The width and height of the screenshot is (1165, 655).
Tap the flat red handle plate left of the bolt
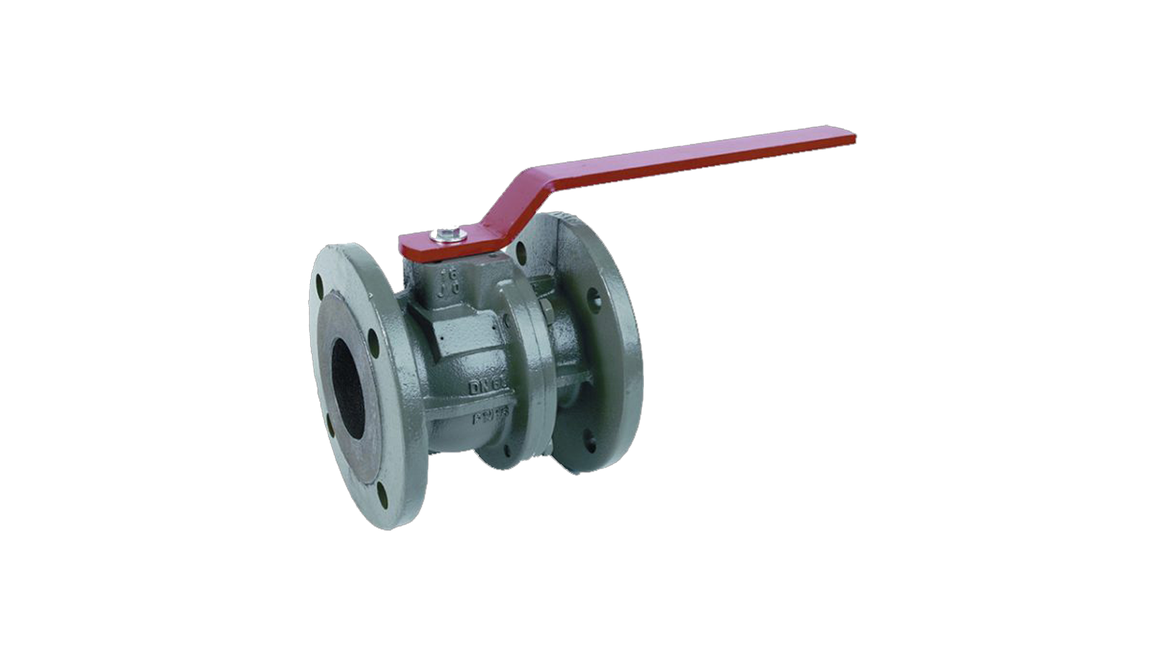(416, 245)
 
